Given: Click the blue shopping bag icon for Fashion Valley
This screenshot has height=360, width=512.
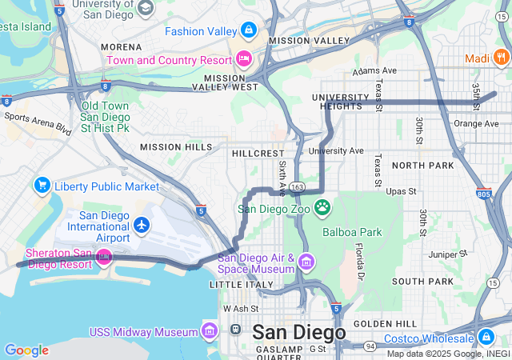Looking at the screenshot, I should click(x=249, y=31).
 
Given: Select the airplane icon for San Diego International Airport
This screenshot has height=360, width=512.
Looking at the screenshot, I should click(x=142, y=226).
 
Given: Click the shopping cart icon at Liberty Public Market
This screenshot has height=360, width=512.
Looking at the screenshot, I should click(x=42, y=186).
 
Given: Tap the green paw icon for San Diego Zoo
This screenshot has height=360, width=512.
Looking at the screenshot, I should click(x=322, y=208).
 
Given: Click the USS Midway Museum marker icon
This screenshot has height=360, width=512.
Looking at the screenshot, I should click(x=210, y=331).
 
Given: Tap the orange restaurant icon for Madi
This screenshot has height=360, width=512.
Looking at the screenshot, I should click(x=500, y=57).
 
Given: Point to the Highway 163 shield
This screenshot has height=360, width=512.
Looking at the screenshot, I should click(x=297, y=186).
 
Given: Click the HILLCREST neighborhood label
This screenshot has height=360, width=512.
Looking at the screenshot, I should click(x=258, y=153).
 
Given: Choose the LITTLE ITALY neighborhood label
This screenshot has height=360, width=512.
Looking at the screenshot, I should click(x=238, y=285).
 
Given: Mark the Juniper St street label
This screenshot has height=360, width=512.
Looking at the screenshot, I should click(x=447, y=254).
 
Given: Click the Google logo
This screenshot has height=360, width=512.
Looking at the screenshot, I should click(x=26, y=350).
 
